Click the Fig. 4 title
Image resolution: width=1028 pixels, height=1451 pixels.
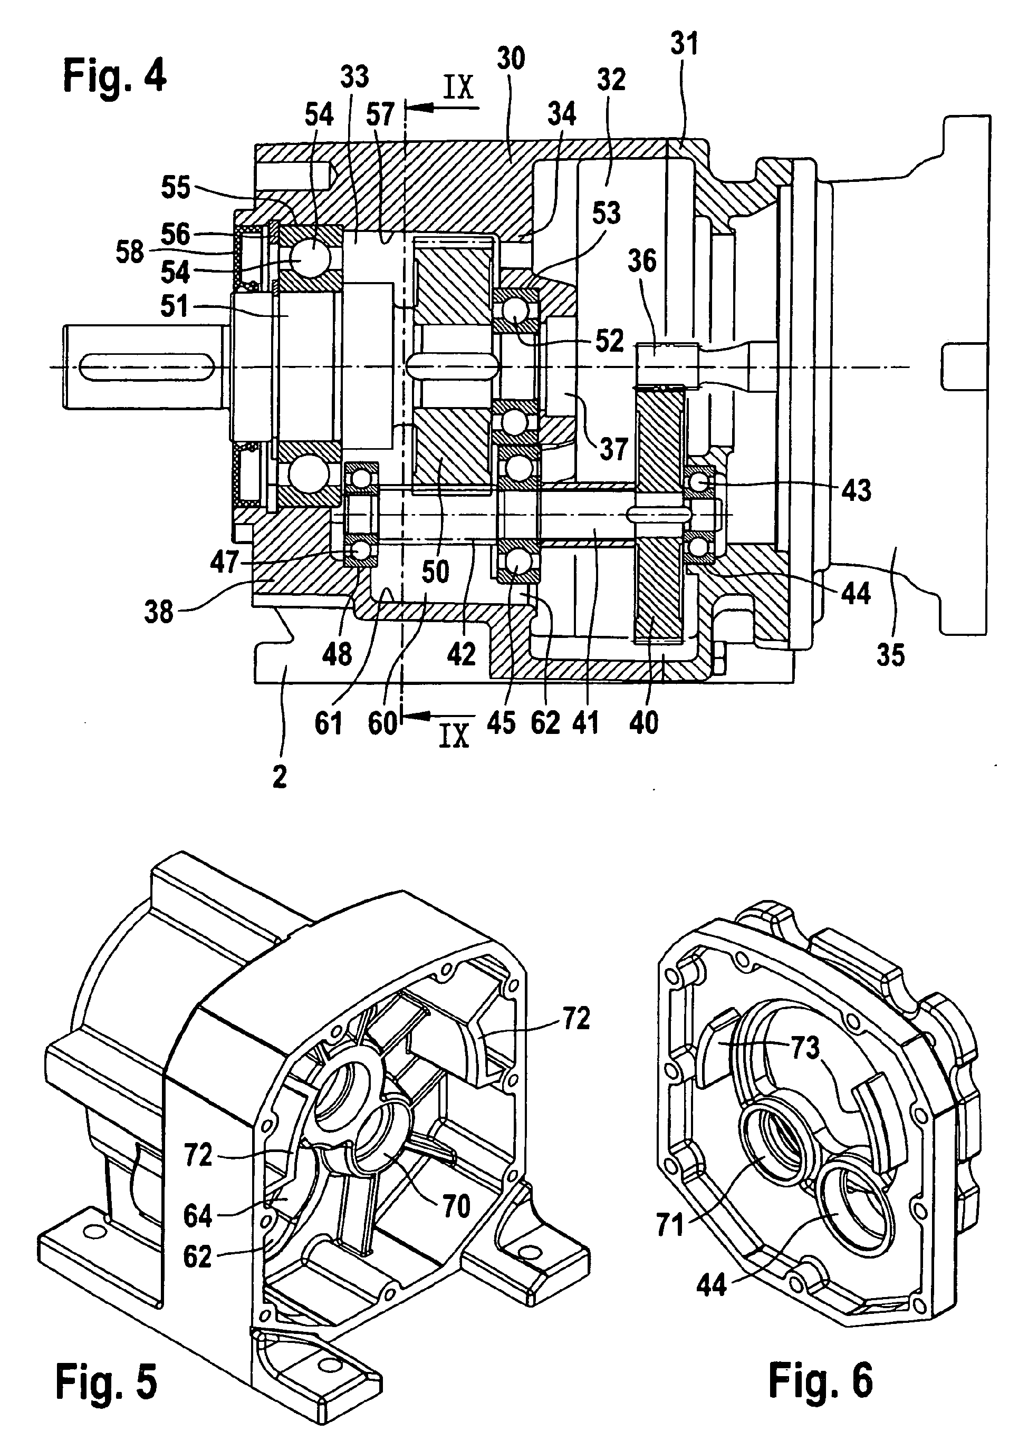[x=114, y=77]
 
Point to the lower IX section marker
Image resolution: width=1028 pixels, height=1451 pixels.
[x=453, y=736]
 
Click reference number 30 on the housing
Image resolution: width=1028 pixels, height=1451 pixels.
[x=511, y=59]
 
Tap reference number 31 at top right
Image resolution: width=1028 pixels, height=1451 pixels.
[x=684, y=44]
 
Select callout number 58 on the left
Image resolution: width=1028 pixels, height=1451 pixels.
[x=130, y=253]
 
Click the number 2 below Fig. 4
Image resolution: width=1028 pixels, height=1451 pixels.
[x=280, y=776]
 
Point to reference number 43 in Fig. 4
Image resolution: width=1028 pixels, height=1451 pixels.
[x=857, y=490]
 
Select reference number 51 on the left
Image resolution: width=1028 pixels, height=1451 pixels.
[x=174, y=306]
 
